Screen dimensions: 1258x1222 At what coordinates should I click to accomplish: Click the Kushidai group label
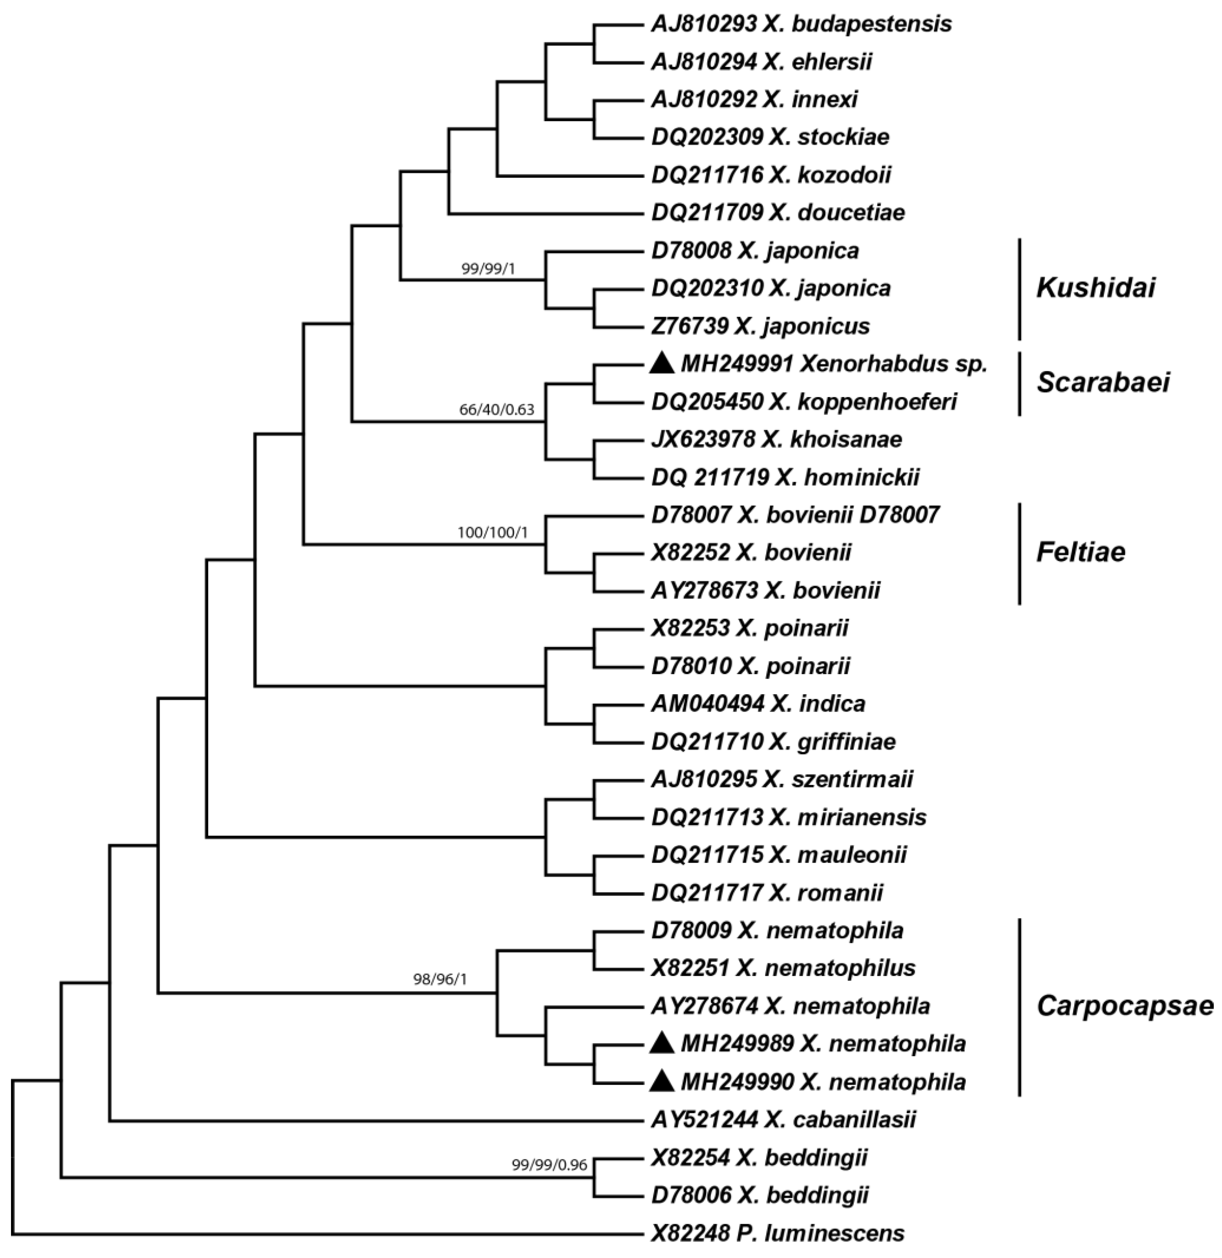pyautogui.click(x=1095, y=289)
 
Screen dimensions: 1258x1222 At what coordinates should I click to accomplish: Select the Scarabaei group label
pyautogui.click(x=1103, y=383)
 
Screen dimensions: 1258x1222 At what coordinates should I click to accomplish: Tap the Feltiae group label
pyautogui.click(x=1081, y=553)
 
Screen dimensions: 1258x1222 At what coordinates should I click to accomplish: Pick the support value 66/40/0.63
pyautogui.click(x=497, y=410)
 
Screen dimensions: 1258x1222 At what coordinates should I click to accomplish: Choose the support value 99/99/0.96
pyautogui.click(x=549, y=1165)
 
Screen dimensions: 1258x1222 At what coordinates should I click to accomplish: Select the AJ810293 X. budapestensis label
pyautogui.click(x=801, y=24)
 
